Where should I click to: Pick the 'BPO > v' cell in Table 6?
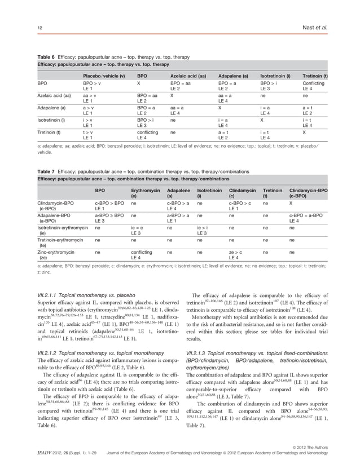click(x=92, y=83)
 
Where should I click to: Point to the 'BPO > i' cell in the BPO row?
click(x=268, y=83)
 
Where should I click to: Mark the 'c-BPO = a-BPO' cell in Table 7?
click(x=307, y=215)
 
